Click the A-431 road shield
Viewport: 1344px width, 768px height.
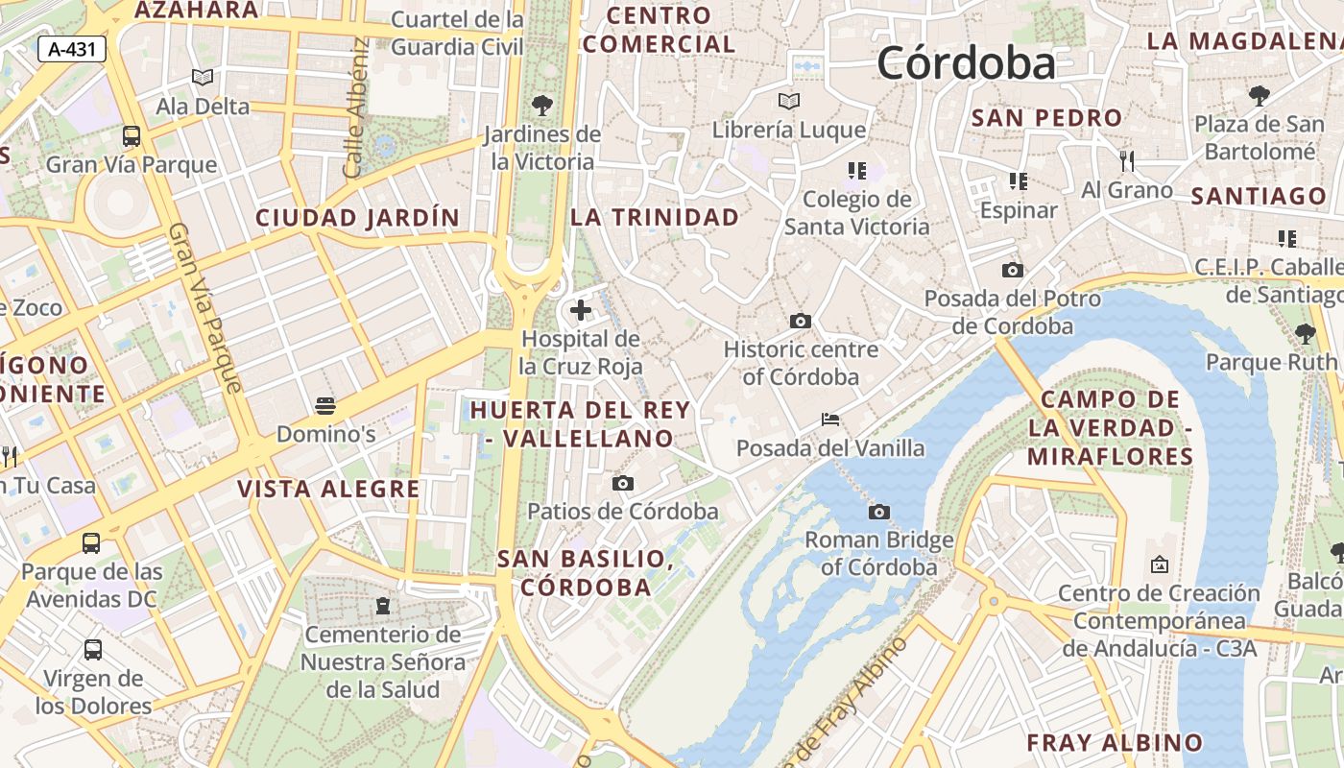click(x=72, y=49)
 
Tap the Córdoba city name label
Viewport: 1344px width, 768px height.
click(x=966, y=63)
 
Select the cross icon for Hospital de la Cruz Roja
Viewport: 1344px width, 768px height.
click(x=581, y=310)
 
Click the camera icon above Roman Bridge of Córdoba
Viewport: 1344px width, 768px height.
click(x=878, y=512)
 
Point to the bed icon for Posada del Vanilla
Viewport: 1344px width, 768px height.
click(x=830, y=420)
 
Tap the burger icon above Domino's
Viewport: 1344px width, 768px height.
click(x=325, y=405)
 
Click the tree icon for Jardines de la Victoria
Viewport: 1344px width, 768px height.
click(x=542, y=105)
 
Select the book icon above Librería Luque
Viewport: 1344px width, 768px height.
click(x=789, y=101)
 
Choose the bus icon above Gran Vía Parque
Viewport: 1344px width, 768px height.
click(x=132, y=136)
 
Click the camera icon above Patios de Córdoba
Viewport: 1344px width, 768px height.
click(x=623, y=483)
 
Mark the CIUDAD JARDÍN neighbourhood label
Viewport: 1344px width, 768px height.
click(x=358, y=218)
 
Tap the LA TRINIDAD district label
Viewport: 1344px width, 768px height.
click(x=655, y=217)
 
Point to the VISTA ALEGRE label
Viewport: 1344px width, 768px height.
click(x=328, y=489)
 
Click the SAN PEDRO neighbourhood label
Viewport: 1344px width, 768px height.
click(x=1046, y=118)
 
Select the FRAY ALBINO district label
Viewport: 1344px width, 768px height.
click(x=1114, y=742)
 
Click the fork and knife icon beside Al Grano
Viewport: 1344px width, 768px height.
click(x=1127, y=160)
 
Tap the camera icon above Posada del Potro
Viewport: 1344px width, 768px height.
click(x=1012, y=271)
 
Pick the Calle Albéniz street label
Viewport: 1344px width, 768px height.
click(x=356, y=108)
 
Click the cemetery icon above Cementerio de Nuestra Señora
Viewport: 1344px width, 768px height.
click(x=383, y=606)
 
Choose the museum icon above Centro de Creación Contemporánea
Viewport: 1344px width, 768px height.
click(x=1159, y=564)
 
